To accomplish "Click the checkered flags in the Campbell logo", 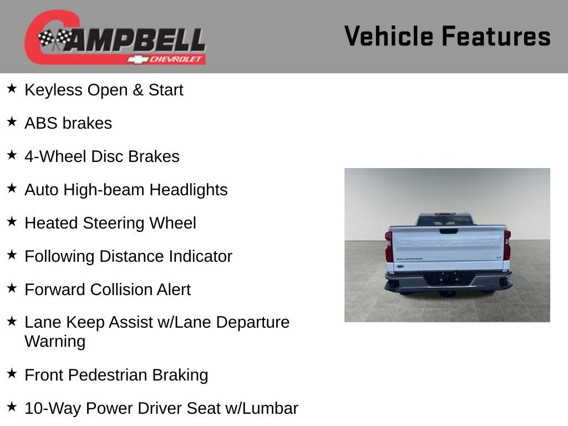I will tap(55, 38).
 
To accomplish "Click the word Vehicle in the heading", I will tap(389, 36).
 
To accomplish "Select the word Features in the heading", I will tap(496, 36).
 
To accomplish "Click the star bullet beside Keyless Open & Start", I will tap(12, 89).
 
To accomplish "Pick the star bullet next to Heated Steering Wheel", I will tap(12, 222).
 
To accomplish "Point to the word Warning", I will tap(55, 341).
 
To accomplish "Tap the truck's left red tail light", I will tap(389, 246).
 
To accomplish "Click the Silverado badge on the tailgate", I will tap(409, 258).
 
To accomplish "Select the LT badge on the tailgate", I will tap(499, 257).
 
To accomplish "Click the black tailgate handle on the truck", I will tap(448, 231).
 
